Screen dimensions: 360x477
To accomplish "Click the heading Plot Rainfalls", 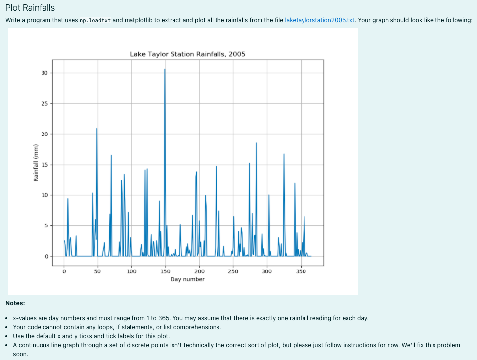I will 30,8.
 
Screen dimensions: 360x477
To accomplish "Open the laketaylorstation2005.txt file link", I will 320,20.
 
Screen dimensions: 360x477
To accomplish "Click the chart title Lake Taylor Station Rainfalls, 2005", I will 187,54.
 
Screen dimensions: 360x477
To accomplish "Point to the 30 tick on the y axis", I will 44,73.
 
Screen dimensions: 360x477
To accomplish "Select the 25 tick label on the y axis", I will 44,104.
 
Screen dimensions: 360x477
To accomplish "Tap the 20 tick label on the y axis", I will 44,134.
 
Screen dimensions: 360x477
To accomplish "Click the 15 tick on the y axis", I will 44,165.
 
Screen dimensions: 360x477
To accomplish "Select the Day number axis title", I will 187,279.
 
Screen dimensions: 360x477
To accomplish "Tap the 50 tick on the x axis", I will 97,271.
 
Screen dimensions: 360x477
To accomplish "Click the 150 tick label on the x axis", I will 165,271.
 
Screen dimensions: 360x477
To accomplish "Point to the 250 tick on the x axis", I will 233,271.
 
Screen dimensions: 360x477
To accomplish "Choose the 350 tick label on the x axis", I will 301,271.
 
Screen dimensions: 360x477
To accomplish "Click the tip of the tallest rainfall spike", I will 165,69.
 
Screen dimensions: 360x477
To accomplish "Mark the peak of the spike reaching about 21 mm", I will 97,128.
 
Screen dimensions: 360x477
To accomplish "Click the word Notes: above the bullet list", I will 15,303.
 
